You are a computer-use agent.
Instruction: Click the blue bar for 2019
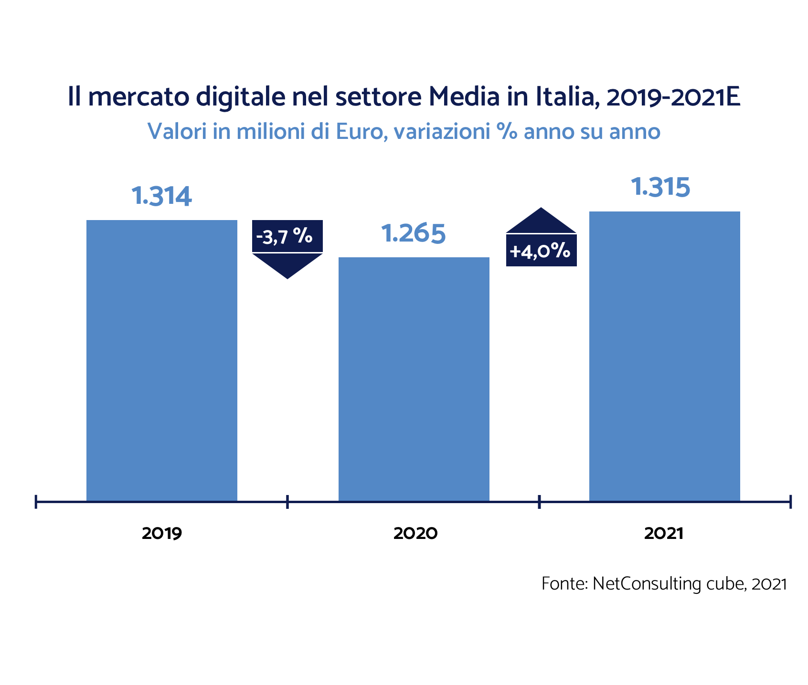pyautogui.click(x=161, y=360)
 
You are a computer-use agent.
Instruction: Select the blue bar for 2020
pyautogui.click(x=414, y=379)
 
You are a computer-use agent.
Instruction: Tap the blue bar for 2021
pyautogui.click(x=664, y=356)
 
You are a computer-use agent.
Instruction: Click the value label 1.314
pyautogui.click(x=161, y=196)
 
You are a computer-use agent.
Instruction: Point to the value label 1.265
pyautogui.click(x=414, y=233)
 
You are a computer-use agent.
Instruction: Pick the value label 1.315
pyautogui.click(x=660, y=187)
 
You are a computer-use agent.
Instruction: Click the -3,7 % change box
pyautogui.click(x=287, y=236)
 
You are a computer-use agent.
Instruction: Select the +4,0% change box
pyautogui.click(x=541, y=251)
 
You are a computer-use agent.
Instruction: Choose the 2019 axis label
pyautogui.click(x=162, y=534)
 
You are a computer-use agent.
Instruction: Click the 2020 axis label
pyautogui.click(x=415, y=534)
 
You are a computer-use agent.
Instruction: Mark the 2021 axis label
pyautogui.click(x=664, y=534)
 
